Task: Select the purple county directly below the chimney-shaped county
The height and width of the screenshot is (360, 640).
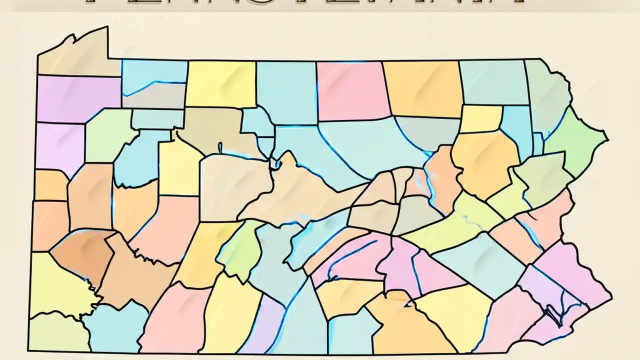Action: (77, 97)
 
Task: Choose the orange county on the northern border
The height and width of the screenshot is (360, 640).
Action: (422, 87)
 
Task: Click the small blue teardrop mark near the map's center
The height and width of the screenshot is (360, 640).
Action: (219, 147)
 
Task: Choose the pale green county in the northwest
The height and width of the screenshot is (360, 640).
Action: (107, 135)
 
